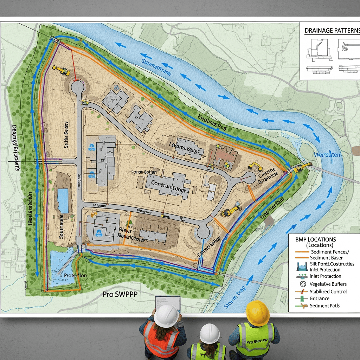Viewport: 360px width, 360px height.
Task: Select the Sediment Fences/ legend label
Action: [x=330, y=252]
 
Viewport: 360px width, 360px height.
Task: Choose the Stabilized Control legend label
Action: [x=328, y=291]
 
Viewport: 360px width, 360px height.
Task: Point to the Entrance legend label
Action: [x=320, y=298]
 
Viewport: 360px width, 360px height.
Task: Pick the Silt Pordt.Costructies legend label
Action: [x=332, y=264]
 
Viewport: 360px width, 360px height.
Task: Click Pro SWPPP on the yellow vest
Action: [x=256, y=342]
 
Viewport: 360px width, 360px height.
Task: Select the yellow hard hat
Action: [x=258, y=313]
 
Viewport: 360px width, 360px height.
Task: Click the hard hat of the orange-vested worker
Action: [x=166, y=316]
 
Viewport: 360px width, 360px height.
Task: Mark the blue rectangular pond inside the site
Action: [x=63, y=200]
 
